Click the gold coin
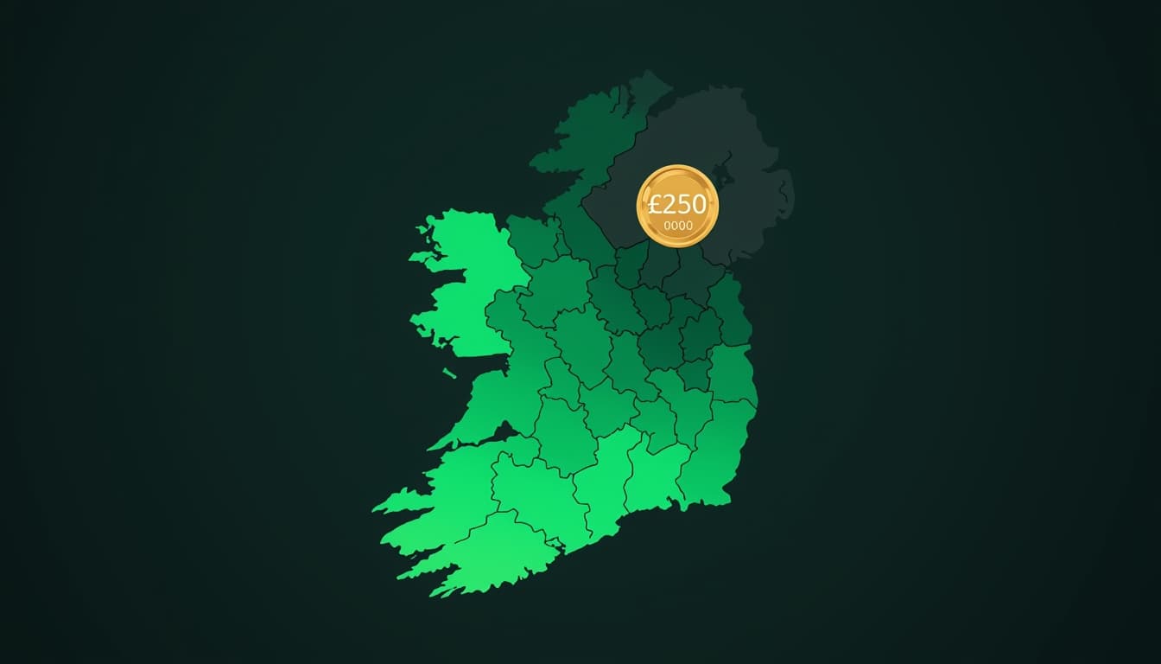[677, 206]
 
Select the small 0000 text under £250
[677, 226]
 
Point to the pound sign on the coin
[655, 205]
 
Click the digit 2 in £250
[666, 205]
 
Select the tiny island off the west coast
[450, 373]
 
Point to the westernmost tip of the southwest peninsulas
[375, 509]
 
